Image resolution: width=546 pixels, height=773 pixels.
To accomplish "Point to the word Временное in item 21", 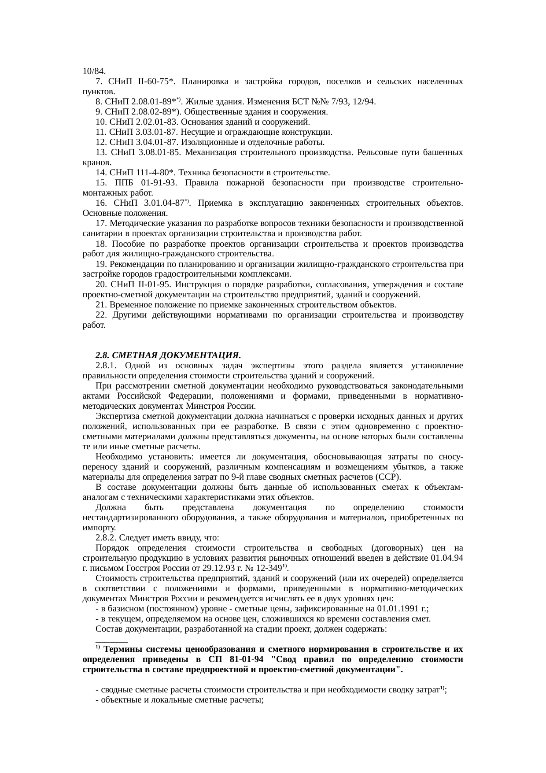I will [130, 305].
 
